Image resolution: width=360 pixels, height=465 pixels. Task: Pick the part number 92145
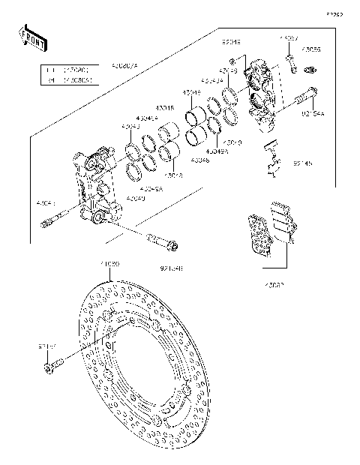coord(303,163)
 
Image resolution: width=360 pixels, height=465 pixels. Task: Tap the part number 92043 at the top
coord(232,43)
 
